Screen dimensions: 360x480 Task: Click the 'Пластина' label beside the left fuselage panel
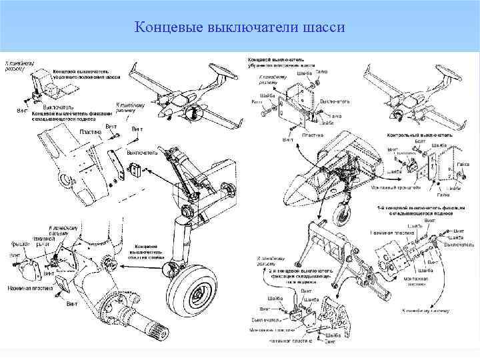tap(89, 132)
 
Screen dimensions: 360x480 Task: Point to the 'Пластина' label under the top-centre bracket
tap(312, 135)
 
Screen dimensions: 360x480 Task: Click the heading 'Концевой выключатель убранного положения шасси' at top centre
tap(281, 62)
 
